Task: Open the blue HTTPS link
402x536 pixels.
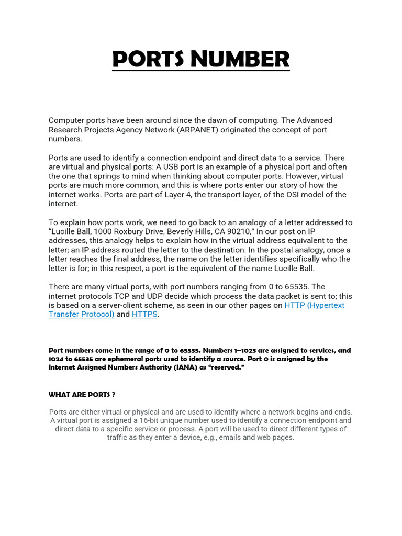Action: [x=144, y=315]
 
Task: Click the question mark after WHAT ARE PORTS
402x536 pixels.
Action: [x=114, y=394]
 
